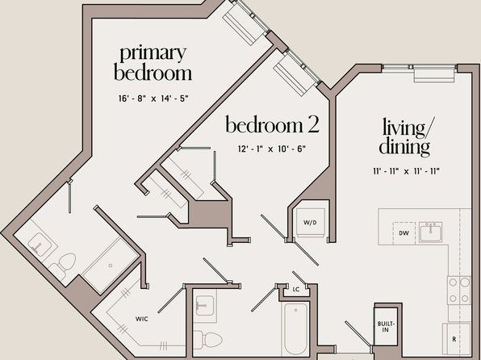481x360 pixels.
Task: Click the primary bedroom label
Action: click(x=153, y=64)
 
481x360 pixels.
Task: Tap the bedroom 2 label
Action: click(x=273, y=124)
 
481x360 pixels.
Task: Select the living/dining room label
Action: click(x=406, y=137)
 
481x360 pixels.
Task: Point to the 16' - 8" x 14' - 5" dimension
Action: click(x=153, y=98)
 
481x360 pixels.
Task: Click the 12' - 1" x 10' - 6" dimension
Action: click(x=272, y=149)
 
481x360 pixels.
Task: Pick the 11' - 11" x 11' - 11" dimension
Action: click(x=406, y=171)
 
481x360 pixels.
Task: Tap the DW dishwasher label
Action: click(x=404, y=233)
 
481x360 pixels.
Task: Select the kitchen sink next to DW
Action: click(x=430, y=232)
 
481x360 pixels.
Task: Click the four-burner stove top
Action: click(x=458, y=290)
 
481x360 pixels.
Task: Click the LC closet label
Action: click(x=295, y=289)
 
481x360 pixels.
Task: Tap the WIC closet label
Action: click(x=142, y=319)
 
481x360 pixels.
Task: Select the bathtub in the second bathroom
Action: click(x=295, y=329)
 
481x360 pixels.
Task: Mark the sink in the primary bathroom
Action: click(x=40, y=243)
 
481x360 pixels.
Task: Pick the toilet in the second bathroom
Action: click(x=209, y=339)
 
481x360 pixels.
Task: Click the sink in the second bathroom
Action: click(x=205, y=305)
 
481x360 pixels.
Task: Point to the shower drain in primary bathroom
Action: click(x=111, y=266)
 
